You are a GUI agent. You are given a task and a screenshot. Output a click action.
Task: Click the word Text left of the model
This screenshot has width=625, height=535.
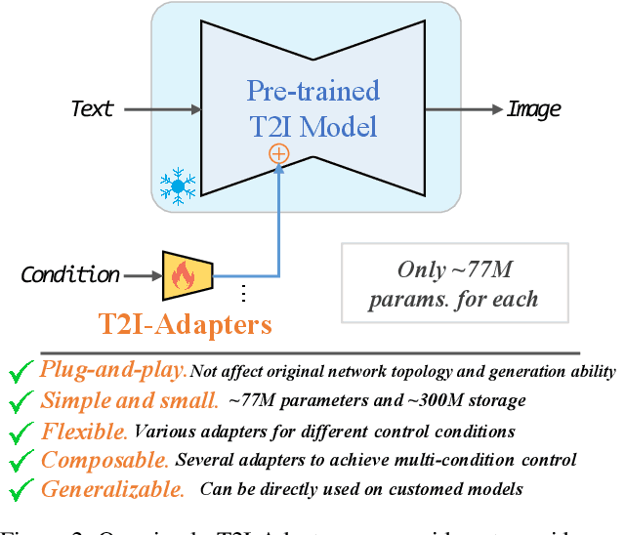tap(92, 107)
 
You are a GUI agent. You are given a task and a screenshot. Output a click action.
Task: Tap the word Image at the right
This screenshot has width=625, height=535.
tap(532, 107)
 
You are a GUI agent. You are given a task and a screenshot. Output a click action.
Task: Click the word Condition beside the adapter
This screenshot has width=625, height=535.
tap(70, 275)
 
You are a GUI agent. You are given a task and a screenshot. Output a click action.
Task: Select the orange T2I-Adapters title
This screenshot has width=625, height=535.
tap(186, 323)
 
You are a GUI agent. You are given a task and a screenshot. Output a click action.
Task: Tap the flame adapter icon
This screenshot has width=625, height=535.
tap(186, 274)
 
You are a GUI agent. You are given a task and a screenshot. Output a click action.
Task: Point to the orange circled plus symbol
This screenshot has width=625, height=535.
tap(279, 153)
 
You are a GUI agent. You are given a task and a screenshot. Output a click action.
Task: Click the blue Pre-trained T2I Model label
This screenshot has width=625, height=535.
tap(312, 109)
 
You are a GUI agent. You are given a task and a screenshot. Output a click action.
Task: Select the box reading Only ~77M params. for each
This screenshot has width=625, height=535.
tap(454, 283)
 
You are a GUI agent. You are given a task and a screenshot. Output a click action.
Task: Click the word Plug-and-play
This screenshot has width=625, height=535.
tap(113, 370)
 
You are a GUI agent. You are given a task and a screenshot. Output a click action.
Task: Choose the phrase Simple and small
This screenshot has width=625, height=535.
tap(130, 400)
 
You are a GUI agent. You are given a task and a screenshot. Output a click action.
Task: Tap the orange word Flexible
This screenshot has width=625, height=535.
tap(84, 430)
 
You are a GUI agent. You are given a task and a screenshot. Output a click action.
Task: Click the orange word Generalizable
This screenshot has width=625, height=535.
tap(112, 488)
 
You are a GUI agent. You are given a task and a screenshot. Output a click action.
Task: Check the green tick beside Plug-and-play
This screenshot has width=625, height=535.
tap(20, 371)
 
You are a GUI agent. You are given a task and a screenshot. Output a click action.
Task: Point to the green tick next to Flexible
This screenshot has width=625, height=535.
tap(20, 431)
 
